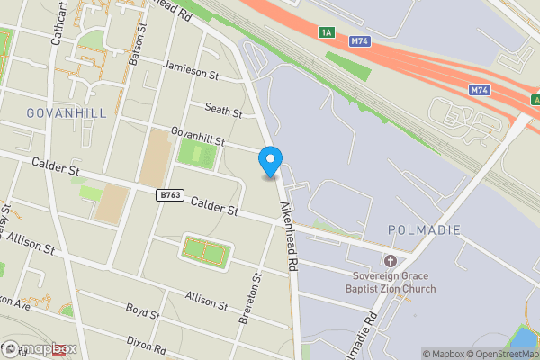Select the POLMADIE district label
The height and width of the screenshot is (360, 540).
click(424, 230)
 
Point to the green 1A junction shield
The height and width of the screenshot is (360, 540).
click(326, 33)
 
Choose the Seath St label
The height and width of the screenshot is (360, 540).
click(224, 111)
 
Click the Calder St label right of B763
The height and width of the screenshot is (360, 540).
click(214, 206)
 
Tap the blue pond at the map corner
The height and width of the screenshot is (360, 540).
click(525, 337)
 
